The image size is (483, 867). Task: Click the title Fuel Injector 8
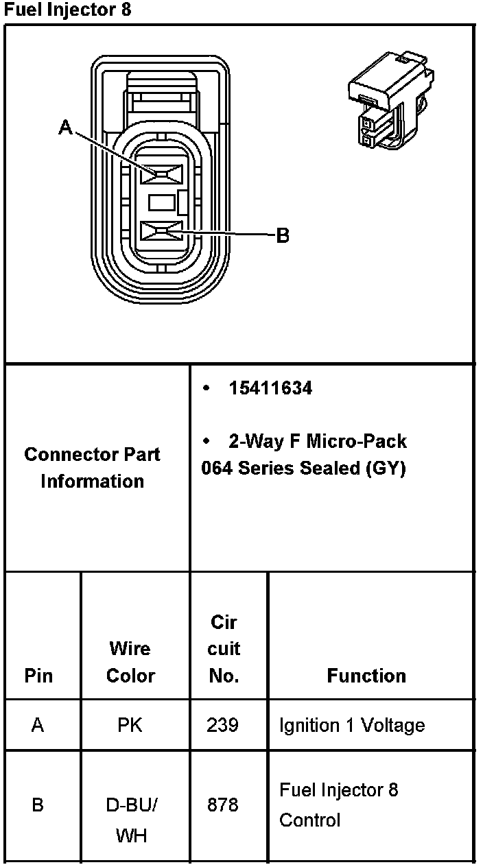point(67,10)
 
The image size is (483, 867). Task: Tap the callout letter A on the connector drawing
point(66,127)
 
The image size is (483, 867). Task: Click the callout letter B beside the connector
point(283,236)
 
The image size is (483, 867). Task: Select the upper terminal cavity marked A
point(161,174)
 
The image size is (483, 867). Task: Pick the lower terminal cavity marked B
point(161,232)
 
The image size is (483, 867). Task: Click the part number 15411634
point(270,388)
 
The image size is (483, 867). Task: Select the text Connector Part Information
point(92,468)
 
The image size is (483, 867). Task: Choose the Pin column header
point(38,676)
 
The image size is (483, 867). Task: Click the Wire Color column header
point(130,662)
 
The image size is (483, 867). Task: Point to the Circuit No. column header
point(224,649)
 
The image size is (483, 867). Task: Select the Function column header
point(366,676)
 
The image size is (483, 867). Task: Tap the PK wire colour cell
point(130,725)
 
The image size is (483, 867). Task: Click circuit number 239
point(223,725)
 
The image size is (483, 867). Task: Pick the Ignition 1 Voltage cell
point(351,725)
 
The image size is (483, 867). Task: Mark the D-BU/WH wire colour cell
point(131,820)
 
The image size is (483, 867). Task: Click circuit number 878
point(223,805)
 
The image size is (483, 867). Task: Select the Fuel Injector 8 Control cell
point(338,805)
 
